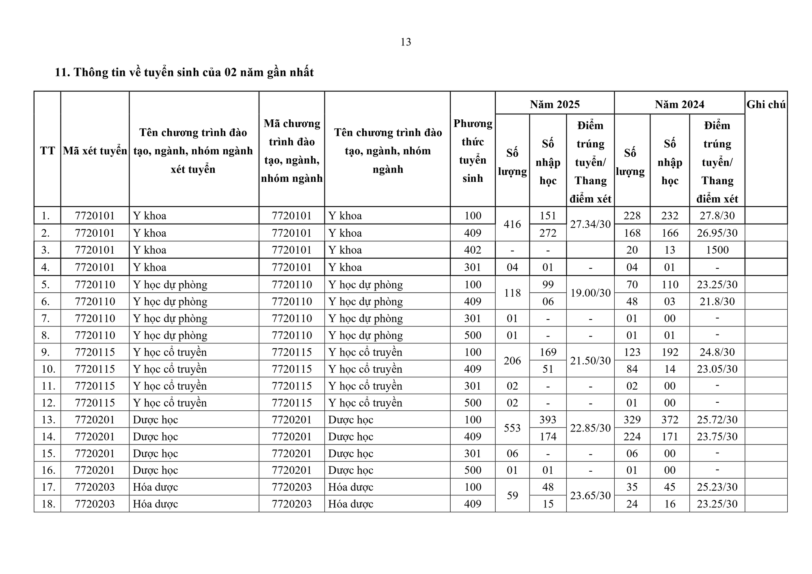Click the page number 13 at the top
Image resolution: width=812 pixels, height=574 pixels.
pos(406,42)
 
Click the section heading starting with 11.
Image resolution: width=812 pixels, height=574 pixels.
pos(184,72)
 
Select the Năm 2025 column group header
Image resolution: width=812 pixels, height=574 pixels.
pos(555,104)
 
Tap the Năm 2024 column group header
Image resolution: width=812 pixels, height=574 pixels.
pos(679,104)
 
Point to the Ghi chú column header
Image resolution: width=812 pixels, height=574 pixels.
pos(766,104)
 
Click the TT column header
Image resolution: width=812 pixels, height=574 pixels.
pos(47,151)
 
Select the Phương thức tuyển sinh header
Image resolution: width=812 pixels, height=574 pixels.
pos(473,151)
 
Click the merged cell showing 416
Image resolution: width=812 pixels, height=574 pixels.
pos(512,224)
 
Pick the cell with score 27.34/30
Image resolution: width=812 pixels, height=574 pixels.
pos(590,224)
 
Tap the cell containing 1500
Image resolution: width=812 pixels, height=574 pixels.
pos(717,250)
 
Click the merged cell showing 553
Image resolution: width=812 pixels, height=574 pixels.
pos(512,428)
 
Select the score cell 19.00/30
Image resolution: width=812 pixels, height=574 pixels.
pos(590,293)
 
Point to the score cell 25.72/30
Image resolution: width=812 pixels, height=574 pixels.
pos(717,419)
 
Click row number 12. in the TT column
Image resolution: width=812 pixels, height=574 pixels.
pos(48,403)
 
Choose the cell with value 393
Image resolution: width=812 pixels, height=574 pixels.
pos(548,419)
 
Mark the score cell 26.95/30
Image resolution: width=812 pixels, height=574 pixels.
pos(717,233)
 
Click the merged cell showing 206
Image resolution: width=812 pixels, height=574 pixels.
pos(512,360)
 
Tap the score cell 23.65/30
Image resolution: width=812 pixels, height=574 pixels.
pos(590,495)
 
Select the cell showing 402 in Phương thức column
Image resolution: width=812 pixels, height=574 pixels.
pos(473,250)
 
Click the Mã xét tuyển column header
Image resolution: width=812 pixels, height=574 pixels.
pos(95,151)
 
